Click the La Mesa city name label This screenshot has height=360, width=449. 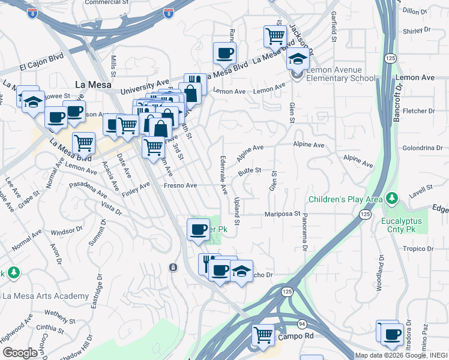click(x=92, y=85)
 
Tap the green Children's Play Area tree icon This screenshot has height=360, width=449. click(x=391, y=197)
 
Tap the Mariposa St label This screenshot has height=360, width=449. click(x=283, y=214)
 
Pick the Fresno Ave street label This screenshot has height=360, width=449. click(x=180, y=185)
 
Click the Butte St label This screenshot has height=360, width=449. click(x=249, y=171)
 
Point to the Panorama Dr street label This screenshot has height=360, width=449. click(x=305, y=226)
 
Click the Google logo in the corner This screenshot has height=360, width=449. click(x=20, y=353)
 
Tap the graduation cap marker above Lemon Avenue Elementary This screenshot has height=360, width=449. click(x=297, y=59)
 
